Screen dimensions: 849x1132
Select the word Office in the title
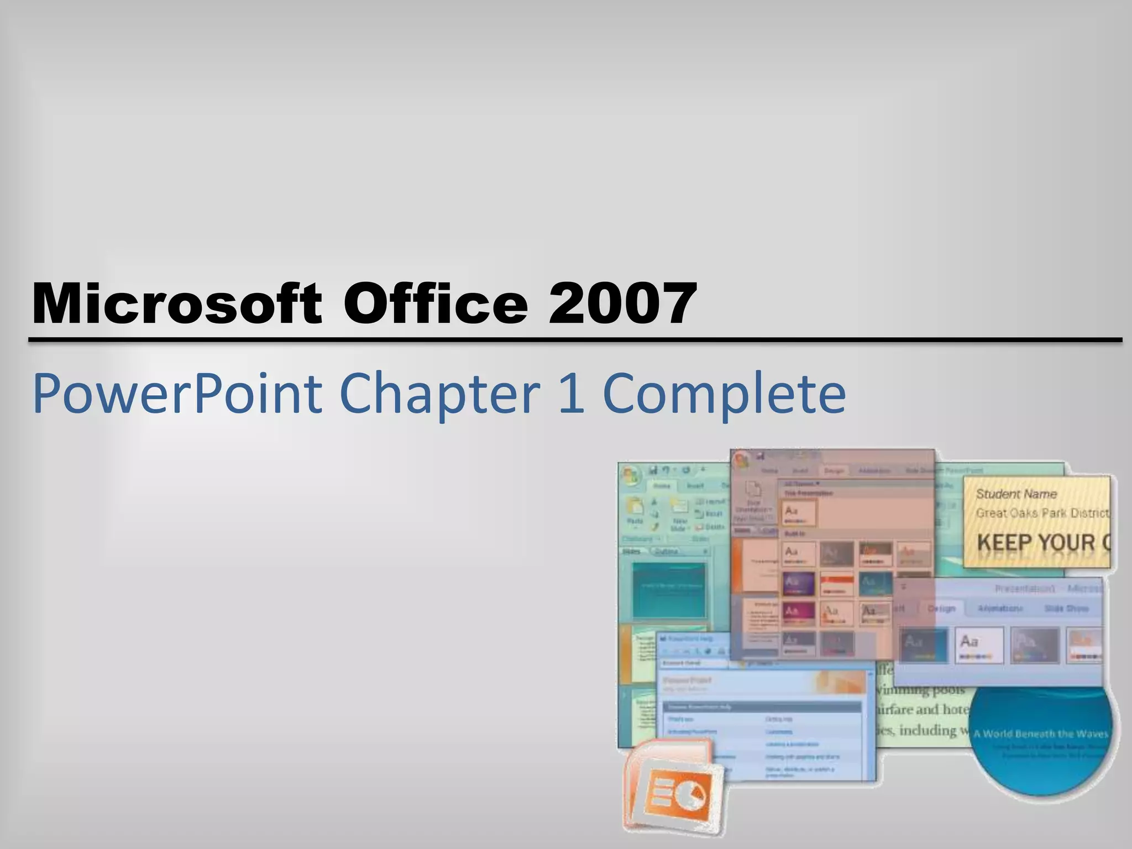pyautogui.click(x=437, y=303)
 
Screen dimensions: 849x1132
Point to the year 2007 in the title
pyautogui.click(x=622, y=303)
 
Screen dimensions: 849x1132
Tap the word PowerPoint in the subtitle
pyautogui.click(x=177, y=394)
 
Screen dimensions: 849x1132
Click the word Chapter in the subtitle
pyautogui.click(x=439, y=394)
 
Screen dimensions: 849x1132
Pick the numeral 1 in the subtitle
pyautogui.click(x=571, y=394)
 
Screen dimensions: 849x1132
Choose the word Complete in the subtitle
pyautogui.click(x=724, y=394)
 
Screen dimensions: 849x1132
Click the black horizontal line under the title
pyautogui.click(x=575, y=339)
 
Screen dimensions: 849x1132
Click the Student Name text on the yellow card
pyautogui.click(x=1016, y=494)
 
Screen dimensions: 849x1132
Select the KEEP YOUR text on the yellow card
pyautogui.click(x=1036, y=543)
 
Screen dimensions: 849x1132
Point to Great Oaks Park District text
pyautogui.click(x=1042, y=513)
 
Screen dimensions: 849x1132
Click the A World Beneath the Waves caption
pyautogui.click(x=1040, y=734)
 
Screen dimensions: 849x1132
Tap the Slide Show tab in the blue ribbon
pyautogui.click(x=1066, y=609)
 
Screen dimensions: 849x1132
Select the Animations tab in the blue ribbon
pyautogui.click(x=1000, y=609)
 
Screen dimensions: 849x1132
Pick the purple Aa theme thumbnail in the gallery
pyautogui.click(x=798, y=583)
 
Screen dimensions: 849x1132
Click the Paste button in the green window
pyautogui.click(x=635, y=511)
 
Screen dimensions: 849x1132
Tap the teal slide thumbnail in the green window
pyautogui.click(x=669, y=590)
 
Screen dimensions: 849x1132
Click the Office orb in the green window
pyautogui.click(x=631, y=476)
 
